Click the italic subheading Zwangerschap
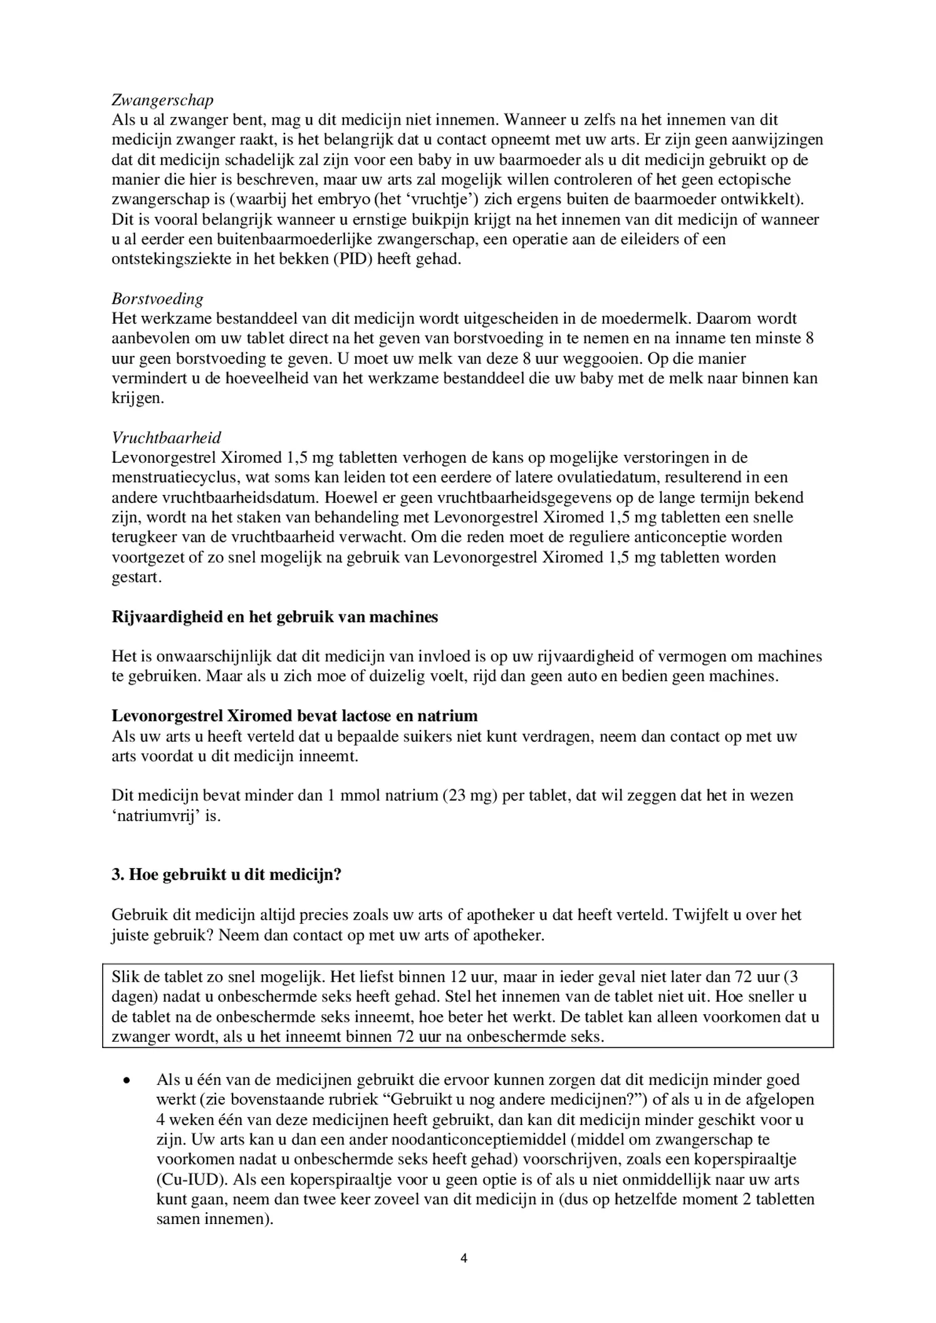click(162, 100)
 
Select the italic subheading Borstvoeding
click(157, 299)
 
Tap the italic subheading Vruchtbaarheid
click(166, 438)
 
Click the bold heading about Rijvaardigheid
click(274, 617)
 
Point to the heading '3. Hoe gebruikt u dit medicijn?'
click(226, 874)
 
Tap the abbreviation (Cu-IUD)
click(190, 1180)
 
